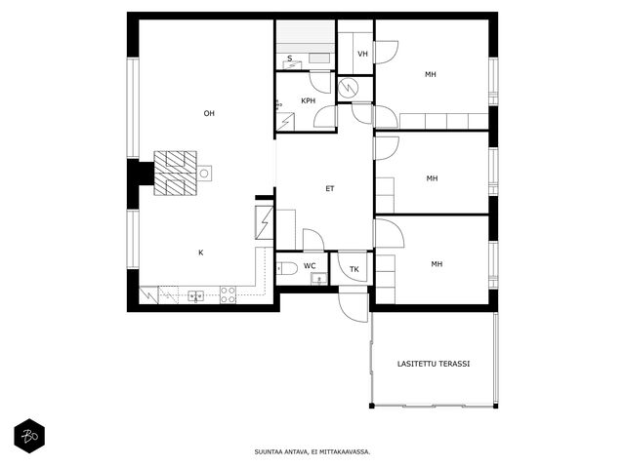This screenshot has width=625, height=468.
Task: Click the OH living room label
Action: click(x=209, y=113)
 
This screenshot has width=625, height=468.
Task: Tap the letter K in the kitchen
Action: click(x=201, y=253)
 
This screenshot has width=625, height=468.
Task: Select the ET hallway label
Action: click(x=330, y=188)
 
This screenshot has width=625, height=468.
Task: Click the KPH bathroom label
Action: click(x=309, y=101)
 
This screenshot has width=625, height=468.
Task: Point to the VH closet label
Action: click(x=362, y=54)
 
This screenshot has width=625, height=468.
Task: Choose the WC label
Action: click(x=310, y=266)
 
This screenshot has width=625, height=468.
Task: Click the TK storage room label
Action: click(x=354, y=269)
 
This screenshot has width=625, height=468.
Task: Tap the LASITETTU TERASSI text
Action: click(x=434, y=364)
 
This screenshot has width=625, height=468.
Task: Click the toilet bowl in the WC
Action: click(x=286, y=269)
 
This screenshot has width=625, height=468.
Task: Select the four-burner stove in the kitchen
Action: click(x=228, y=294)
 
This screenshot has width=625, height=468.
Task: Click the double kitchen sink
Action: click(x=195, y=295)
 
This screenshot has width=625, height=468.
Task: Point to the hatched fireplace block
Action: click(x=176, y=174)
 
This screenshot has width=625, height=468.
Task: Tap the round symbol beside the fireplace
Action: click(x=204, y=174)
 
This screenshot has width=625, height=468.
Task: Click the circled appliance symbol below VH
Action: click(x=349, y=89)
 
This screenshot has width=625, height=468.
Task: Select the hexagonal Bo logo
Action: click(x=29, y=436)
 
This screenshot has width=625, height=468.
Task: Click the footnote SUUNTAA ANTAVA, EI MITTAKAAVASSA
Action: click(x=312, y=451)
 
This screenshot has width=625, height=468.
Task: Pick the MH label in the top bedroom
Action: click(x=430, y=74)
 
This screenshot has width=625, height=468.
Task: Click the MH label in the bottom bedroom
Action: click(x=437, y=264)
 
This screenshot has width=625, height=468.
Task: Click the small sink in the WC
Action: click(x=319, y=278)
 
